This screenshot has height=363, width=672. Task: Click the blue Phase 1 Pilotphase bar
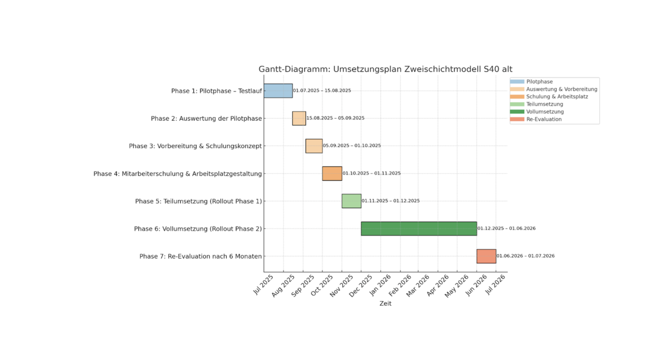[278, 91]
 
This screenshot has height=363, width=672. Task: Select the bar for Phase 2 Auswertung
[299, 118]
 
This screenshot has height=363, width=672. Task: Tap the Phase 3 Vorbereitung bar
[314, 146]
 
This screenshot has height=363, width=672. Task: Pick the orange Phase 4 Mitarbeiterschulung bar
[332, 173]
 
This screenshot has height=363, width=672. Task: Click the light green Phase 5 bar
[352, 201]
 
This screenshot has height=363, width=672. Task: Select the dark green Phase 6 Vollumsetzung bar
[419, 228]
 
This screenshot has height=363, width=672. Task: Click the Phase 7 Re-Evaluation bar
[486, 256]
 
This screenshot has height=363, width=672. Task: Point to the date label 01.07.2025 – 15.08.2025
[322, 91]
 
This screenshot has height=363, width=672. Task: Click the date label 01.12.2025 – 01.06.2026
[506, 228]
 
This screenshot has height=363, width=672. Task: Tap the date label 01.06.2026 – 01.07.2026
[525, 256]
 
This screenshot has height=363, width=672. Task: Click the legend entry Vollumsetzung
[545, 112]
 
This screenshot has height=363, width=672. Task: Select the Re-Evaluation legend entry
[544, 119]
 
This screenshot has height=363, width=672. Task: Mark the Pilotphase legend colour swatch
[517, 82]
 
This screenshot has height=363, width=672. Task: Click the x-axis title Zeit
[385, 304]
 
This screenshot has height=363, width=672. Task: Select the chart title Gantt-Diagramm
[385, 69]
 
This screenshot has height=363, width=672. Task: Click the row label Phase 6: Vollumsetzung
[198, 229]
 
